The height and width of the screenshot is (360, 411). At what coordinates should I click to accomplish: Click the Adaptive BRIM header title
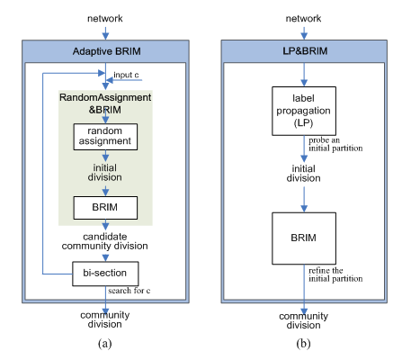[x=106, y=51]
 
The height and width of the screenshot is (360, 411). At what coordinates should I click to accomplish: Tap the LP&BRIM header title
[x=305, y=51]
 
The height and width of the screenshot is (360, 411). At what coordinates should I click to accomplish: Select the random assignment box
[x=105, y=137]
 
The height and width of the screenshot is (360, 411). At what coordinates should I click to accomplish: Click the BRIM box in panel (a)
[x=105, y=208]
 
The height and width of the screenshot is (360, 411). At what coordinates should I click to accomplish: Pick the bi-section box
[x=105, y=274]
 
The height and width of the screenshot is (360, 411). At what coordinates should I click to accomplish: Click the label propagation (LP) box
[x=304, y=111]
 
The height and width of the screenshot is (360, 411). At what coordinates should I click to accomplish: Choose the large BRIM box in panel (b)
[x=304, y=238]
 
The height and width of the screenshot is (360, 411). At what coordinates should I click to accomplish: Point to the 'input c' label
[x=126, y=75]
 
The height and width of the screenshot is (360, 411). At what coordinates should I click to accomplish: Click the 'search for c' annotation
[x=130, y=291]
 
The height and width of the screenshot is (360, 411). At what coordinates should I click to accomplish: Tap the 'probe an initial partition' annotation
[x=335, y=144]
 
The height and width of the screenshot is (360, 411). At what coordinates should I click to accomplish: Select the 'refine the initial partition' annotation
[x=335, y=274]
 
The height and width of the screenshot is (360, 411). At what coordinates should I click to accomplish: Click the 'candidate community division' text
[x=104, y=241]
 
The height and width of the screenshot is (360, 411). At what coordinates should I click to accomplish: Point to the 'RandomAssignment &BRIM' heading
[x=105, y=103]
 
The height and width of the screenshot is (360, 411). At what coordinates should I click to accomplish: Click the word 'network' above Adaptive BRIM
[x=105, y=18]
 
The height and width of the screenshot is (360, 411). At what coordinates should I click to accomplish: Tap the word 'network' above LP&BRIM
[x=303, y=18]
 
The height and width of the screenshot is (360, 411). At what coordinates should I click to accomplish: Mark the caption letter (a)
[x=104, y=343]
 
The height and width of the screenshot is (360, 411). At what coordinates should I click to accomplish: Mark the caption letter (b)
[x=303, y=343]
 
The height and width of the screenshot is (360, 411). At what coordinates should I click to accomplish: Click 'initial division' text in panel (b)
[x=303, y=174]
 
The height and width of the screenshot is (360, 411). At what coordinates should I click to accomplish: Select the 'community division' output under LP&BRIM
[x=303, y=320]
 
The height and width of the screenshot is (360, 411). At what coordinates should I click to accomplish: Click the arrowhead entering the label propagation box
[x=304, y=83]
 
